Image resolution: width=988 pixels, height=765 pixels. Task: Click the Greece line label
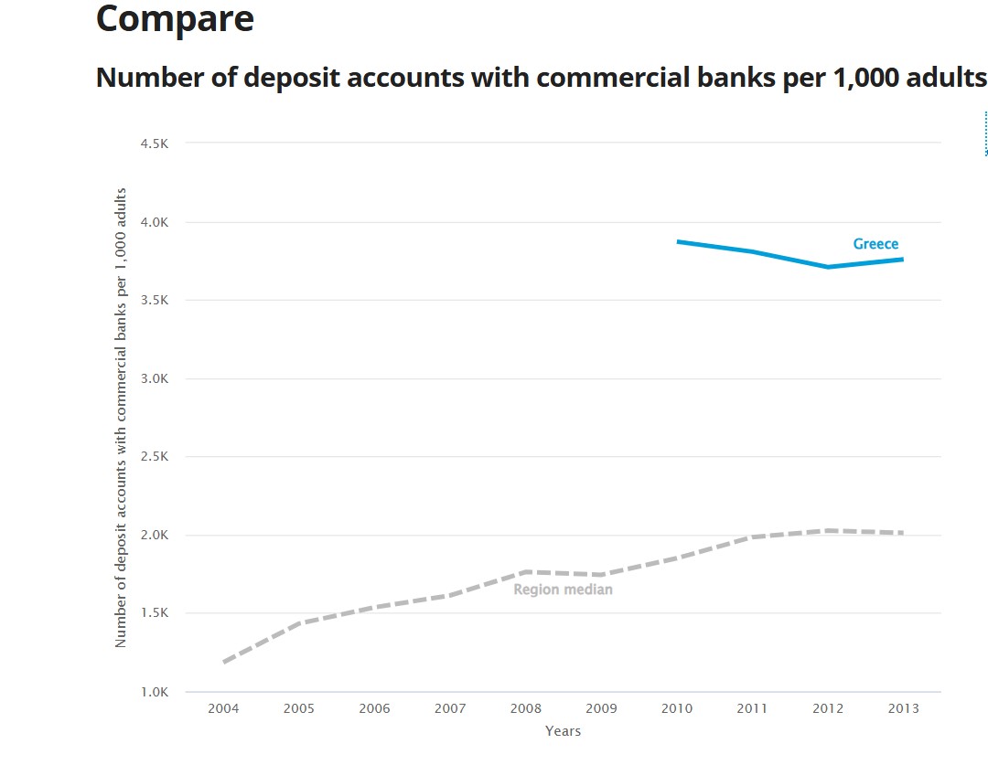(875, 244)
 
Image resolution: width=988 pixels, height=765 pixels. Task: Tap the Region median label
(563, 590)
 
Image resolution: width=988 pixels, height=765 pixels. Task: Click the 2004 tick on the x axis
(224, 708)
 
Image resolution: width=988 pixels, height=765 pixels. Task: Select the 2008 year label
(525, 708)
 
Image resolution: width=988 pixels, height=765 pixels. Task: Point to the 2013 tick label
(902, 708)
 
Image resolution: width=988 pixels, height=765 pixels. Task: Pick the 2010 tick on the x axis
(676, 708)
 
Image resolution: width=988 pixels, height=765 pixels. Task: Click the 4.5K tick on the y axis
(155, 143)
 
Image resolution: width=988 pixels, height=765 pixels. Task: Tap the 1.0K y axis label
(155, 692)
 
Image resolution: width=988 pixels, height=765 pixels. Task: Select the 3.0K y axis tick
(155, 378)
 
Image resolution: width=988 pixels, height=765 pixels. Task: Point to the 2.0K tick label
(155, 536)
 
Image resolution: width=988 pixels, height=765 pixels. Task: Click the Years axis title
(563, 731)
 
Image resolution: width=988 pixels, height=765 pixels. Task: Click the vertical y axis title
(121, 418)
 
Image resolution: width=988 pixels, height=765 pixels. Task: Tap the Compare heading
(175, 18)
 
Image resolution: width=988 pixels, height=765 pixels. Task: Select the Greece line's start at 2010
(677, 241)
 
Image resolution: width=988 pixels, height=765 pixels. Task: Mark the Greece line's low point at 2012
(827, 267)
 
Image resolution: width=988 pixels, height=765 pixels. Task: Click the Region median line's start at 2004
(224, 661)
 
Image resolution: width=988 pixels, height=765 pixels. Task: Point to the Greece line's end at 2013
(902, 260)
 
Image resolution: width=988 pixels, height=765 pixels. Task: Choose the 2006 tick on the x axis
(374, 708)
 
